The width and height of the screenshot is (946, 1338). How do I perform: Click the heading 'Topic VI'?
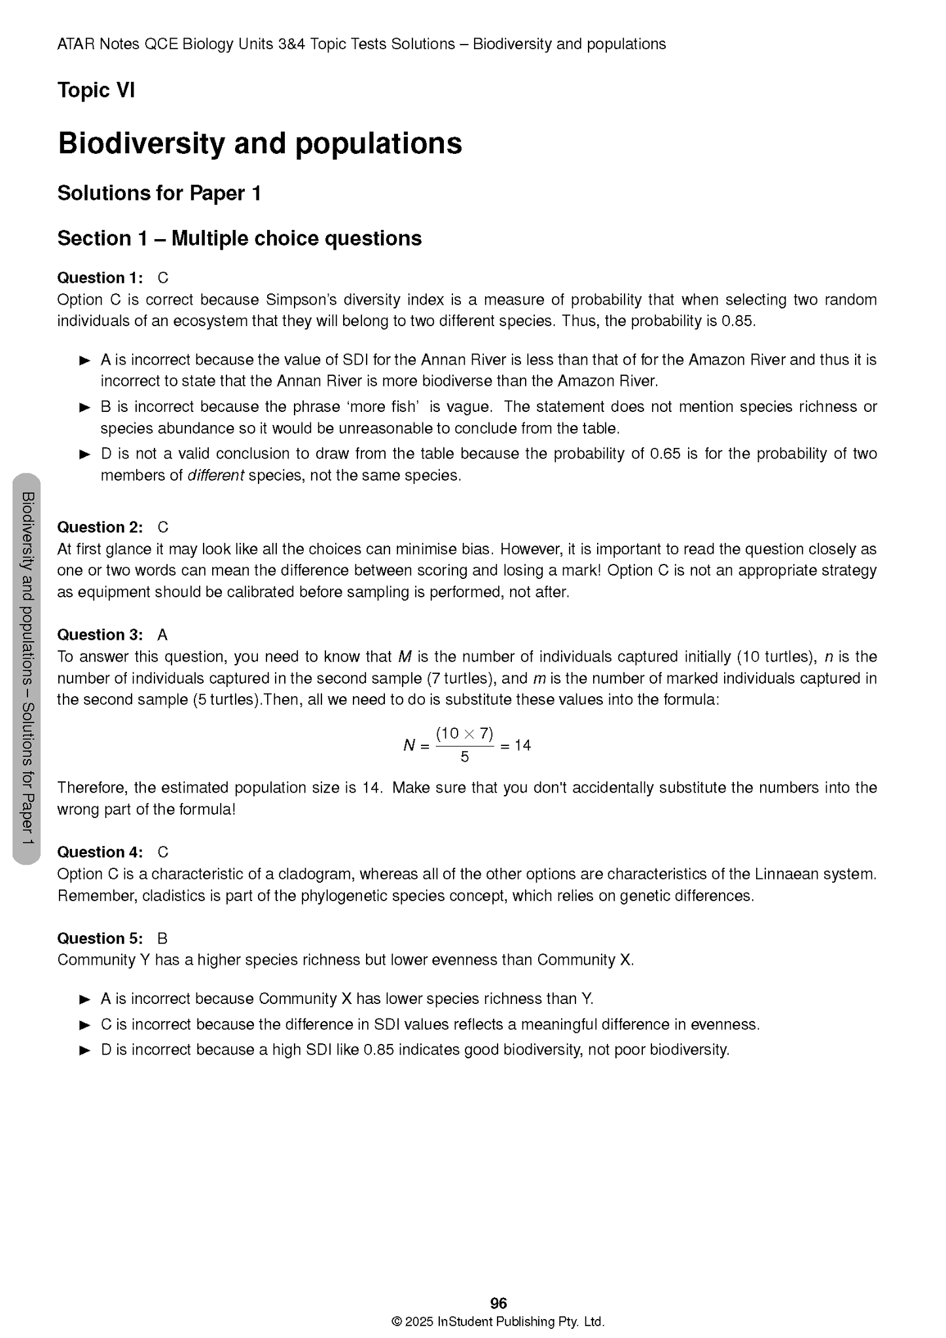[96, 90]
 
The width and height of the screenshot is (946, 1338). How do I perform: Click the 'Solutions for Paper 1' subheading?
[159, 193]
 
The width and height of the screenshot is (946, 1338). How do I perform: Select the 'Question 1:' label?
[100, 278]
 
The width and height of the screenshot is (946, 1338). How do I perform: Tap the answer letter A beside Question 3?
[162, 635]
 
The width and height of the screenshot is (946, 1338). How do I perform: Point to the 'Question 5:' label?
[100, 938]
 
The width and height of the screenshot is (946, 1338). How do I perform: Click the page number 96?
[498, 1303]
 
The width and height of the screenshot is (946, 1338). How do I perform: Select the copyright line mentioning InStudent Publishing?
[498, 1321]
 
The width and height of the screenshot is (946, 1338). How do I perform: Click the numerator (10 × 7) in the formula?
[464, 733]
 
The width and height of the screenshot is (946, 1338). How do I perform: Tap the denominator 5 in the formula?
[464, 757]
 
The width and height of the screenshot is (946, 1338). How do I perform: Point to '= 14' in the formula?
[515, 745]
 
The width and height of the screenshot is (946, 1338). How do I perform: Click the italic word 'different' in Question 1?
[215, 475]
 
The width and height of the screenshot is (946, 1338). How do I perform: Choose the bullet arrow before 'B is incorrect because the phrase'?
[84, 407]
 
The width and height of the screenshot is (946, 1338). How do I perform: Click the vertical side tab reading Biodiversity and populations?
[27, 668]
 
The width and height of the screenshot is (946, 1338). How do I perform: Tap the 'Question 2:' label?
[100, 527]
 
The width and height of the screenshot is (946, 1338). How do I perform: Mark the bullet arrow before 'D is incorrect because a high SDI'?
[84, 1050]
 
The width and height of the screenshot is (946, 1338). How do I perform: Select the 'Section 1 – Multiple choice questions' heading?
[239, 238]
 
